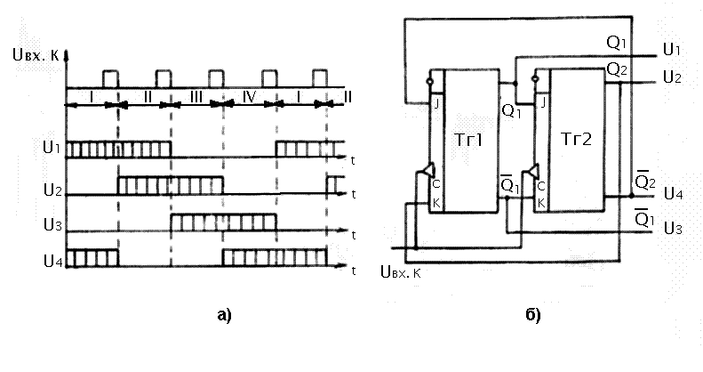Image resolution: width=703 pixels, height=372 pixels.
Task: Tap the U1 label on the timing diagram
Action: click(52, 147)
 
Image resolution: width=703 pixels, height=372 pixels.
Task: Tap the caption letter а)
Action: click(222, 313)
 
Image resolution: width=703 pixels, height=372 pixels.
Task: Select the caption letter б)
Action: click(532, 313)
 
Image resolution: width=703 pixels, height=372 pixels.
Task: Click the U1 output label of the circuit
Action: click(672, 48)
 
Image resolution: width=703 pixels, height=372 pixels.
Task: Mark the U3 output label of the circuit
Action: click(672, 229)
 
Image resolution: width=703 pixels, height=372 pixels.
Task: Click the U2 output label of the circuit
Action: click(672, 78)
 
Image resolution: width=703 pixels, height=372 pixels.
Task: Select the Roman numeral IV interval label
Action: click(250, 95)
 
